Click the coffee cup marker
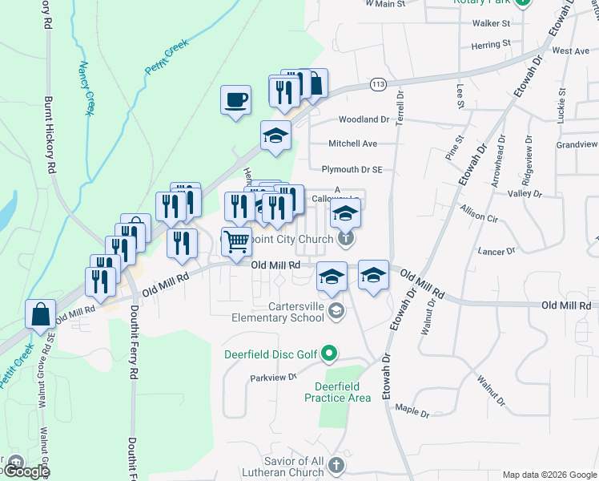point(235,101)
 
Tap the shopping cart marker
point(236,241)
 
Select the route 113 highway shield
point(379,83)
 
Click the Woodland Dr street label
point(363,119)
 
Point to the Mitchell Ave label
point(352,144)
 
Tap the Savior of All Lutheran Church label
point(294,466)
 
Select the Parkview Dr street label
point(273,377)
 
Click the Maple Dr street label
point(413,411)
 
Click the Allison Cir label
point(479,213)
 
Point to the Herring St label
point(491,46)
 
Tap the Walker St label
point(491,24)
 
